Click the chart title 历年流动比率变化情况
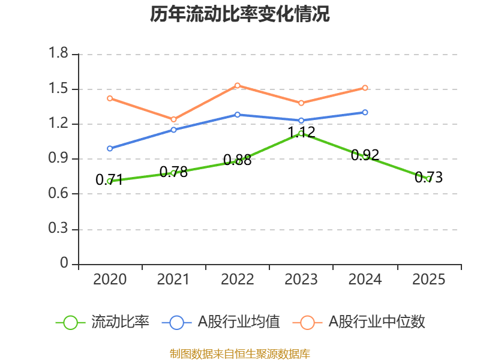240,14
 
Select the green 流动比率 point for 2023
301,133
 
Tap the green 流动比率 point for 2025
429,179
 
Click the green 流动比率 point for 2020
110,181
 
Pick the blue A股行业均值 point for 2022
238,115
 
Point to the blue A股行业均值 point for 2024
365,112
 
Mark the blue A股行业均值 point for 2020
110,148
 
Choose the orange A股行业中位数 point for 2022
238,85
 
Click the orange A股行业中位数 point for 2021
173,119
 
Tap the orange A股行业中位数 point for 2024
365,88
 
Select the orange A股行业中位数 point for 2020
110,98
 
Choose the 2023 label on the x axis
301,280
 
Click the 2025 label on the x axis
429,280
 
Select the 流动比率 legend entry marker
70,322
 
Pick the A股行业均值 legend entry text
239,322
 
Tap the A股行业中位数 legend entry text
377,322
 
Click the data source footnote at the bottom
240,353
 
